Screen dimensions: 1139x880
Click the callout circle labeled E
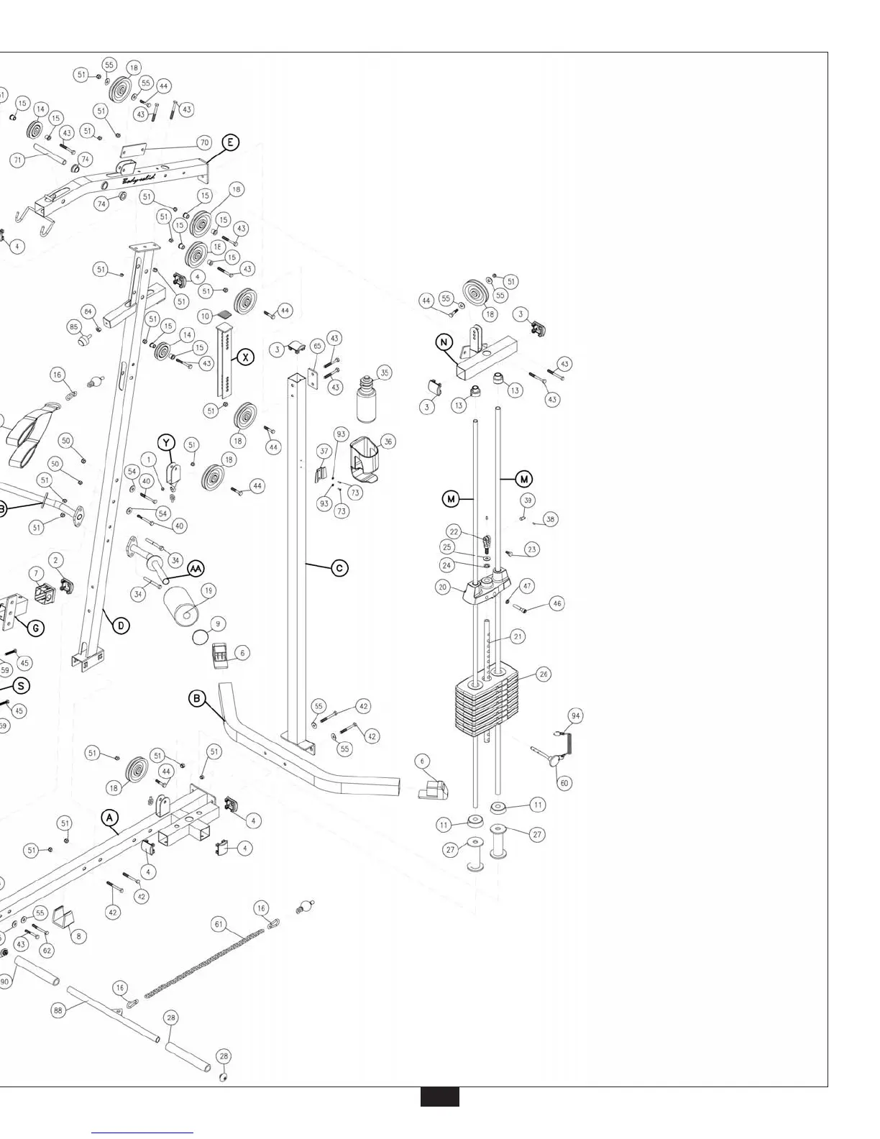[x=230, y=142]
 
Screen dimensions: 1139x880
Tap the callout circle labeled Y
[x=167, y=442]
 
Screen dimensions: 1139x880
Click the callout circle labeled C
[x=339, y=567]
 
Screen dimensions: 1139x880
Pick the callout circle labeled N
[x=444, y=343]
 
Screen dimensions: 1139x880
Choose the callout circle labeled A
[x=109, y=818]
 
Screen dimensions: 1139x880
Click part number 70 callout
[x=204, y=143]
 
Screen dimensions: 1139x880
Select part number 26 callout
[x=544, y=674]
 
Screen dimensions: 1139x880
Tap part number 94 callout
[x=575, y=715]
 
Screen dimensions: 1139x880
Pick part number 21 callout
[x=518, y=636]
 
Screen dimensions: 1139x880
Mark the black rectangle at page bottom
[x=439, y=1097]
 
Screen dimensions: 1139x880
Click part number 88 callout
[x=58, y=1010]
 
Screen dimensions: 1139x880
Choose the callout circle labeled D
[x=122, y=626]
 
